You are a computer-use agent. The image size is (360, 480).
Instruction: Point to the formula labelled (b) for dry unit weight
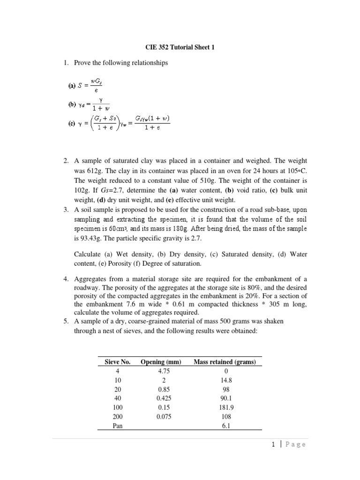89,106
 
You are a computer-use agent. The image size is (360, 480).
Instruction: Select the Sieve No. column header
114,362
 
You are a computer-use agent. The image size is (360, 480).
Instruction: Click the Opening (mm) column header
160,362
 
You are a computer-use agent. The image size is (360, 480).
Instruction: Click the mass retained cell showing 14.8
226,380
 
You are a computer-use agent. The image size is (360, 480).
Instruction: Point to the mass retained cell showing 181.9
226,407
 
